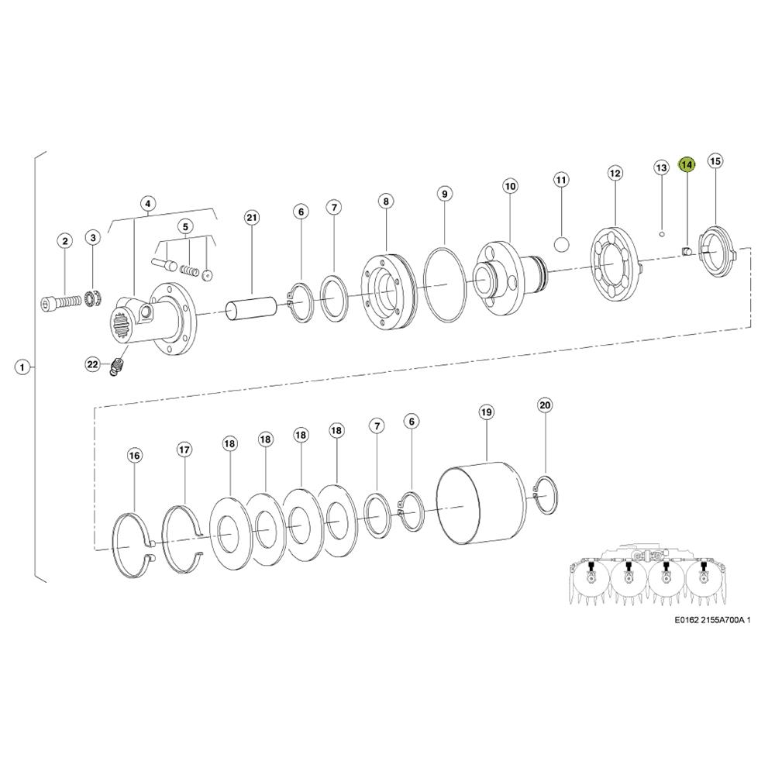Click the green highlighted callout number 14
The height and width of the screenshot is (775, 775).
click(687, 164)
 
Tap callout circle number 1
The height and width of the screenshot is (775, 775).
click(22, 367)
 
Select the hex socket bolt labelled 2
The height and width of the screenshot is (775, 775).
click(60, 301)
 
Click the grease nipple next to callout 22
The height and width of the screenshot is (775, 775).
click(117, 367)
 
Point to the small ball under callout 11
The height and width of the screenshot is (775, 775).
click(561, 244)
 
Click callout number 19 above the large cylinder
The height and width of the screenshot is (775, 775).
click(487, 412)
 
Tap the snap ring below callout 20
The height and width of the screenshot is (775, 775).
click(546, 494)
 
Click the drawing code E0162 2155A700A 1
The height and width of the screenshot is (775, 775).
click(712, 620)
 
